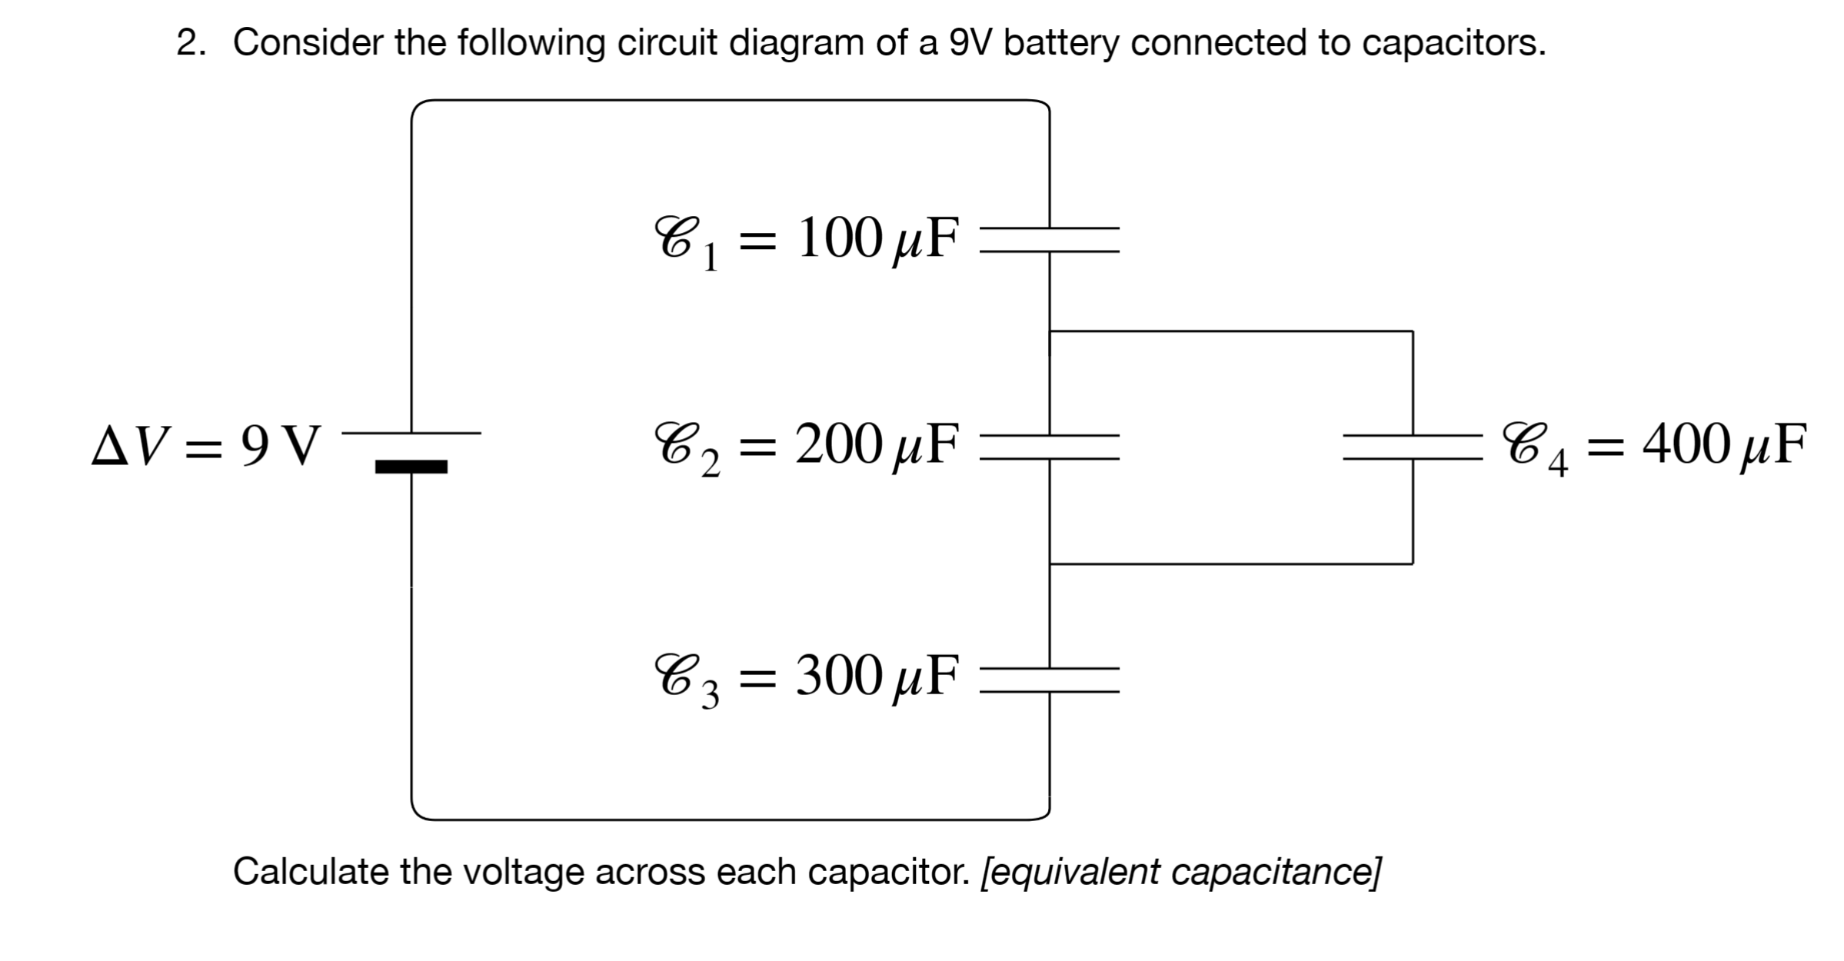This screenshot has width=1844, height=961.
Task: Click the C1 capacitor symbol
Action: [1050, 239]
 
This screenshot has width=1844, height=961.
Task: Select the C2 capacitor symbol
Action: [1050, 447]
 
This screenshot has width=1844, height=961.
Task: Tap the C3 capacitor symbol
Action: [1050, 680]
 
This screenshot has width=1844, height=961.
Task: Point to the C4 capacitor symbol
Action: [1413, 447]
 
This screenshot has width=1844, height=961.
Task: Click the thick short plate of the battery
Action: [411, 467]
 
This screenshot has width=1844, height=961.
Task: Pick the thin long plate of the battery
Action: [411, 433]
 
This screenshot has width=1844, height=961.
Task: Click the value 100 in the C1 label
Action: [840, 238]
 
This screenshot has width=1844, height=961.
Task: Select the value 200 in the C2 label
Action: [840, 445]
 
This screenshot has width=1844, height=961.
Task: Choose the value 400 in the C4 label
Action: [1686, 445]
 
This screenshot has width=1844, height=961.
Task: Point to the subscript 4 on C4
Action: [1558, 464]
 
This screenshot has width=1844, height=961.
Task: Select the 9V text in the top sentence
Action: [972, 43]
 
